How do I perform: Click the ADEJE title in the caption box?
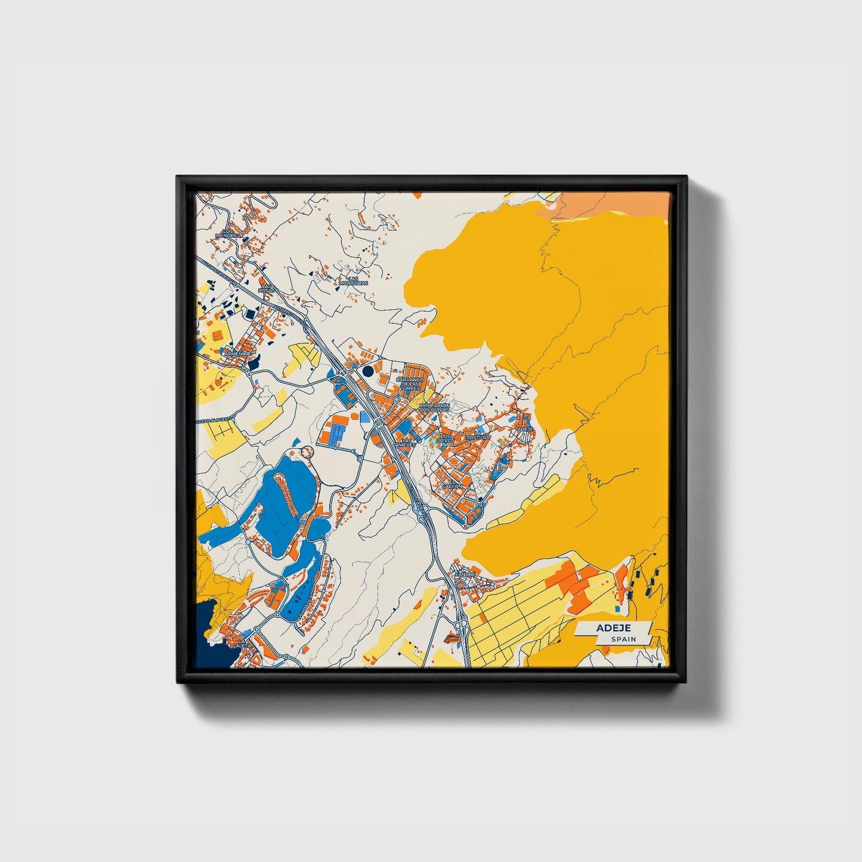pos(613,628)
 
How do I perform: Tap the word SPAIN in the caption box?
pos(623,639)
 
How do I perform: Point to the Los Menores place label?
pos(228,233)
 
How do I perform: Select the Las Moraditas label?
pos(353,280)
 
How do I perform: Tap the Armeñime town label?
pos(237,354)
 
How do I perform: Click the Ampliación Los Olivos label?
pos(434,408)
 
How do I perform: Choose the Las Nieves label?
pos(406,442)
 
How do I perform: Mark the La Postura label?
pos(478,436)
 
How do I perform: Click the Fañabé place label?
pos(465,574)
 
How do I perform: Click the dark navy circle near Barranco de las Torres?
pos(368,371)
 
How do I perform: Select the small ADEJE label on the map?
pos(524,429)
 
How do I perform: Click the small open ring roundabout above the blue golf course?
pos(307,452)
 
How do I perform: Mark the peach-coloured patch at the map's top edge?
pos(608,204)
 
